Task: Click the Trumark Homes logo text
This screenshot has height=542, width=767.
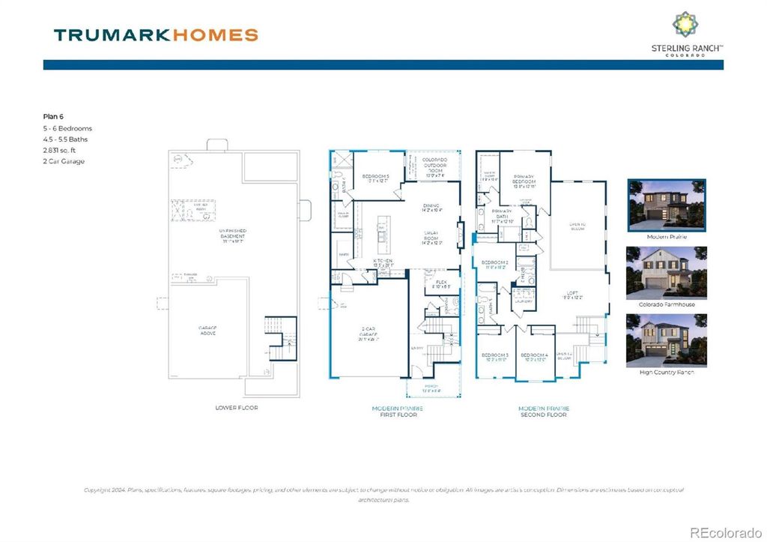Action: tap(156, 34)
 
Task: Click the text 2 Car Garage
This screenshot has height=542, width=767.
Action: tap(64, 161)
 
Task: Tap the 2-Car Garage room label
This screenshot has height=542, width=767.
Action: tap(369, 336)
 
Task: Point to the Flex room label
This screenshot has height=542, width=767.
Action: tap(442, 283)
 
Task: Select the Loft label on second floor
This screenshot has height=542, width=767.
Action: tap(573, 294)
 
